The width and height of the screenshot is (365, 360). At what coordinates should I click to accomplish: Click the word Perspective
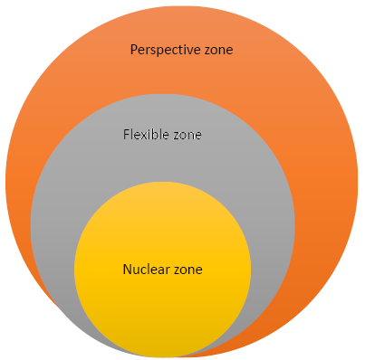pos(166,50)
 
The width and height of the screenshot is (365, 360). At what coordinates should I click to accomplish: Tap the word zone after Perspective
pos(219,50)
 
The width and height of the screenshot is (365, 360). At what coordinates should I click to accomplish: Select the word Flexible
pos(147,135)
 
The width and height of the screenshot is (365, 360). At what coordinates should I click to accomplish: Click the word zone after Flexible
pos(187,136)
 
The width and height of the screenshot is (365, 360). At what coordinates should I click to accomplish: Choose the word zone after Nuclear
pos(188,270)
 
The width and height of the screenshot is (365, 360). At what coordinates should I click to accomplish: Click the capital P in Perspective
pos(134,50)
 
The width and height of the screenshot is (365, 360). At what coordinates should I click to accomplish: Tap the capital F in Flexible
pos(127,135)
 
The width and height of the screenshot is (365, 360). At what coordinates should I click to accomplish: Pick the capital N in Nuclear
pos(128,270)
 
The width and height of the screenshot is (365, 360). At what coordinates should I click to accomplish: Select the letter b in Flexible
pos(157,135)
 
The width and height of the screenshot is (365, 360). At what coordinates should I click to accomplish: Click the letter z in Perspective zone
pos(208,51)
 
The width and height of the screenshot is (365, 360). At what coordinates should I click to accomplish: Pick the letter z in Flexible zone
pos(178,136)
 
